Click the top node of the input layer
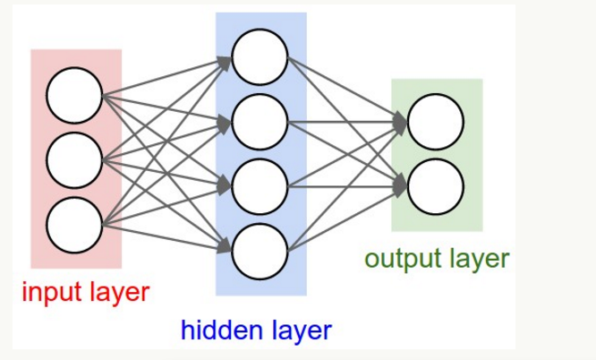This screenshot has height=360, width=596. click(x=75, y=97)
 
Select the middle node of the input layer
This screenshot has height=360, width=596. click(x=75, y=160)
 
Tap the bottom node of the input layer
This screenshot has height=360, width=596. click(x=75, y=224)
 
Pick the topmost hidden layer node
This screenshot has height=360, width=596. click(x=260, y=56)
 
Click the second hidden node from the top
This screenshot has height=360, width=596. click(x=260, y=121)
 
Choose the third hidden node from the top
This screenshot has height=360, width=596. click(x=260, y=185)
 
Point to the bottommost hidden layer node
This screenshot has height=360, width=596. click(x=260, y=251)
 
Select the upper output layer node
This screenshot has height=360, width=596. click(x=436, y=120)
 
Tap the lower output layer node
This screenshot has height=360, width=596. click(x=436, y=185)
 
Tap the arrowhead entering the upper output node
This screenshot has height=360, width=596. click(x=400, y=120)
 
